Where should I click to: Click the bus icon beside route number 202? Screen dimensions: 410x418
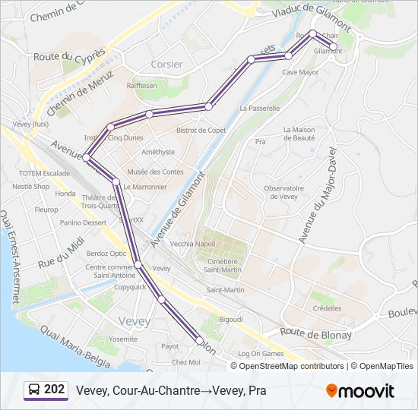click(34, 390)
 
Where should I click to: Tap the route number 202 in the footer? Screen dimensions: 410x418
click(54, 389)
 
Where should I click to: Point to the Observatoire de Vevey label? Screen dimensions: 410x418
click(283, 192)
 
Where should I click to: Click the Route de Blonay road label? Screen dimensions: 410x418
click(315, 333)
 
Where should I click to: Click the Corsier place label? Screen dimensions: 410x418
click(166, 65)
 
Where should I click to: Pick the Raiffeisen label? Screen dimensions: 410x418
click(141, 86)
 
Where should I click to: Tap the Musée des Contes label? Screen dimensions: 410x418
click(155, 172)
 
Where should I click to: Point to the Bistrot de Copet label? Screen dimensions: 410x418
click(201, 130)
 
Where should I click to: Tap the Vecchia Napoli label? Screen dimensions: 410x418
click(193, 244)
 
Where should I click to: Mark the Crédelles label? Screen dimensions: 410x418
click(327, 308)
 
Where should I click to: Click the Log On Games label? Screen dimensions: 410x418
click(261, 354)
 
